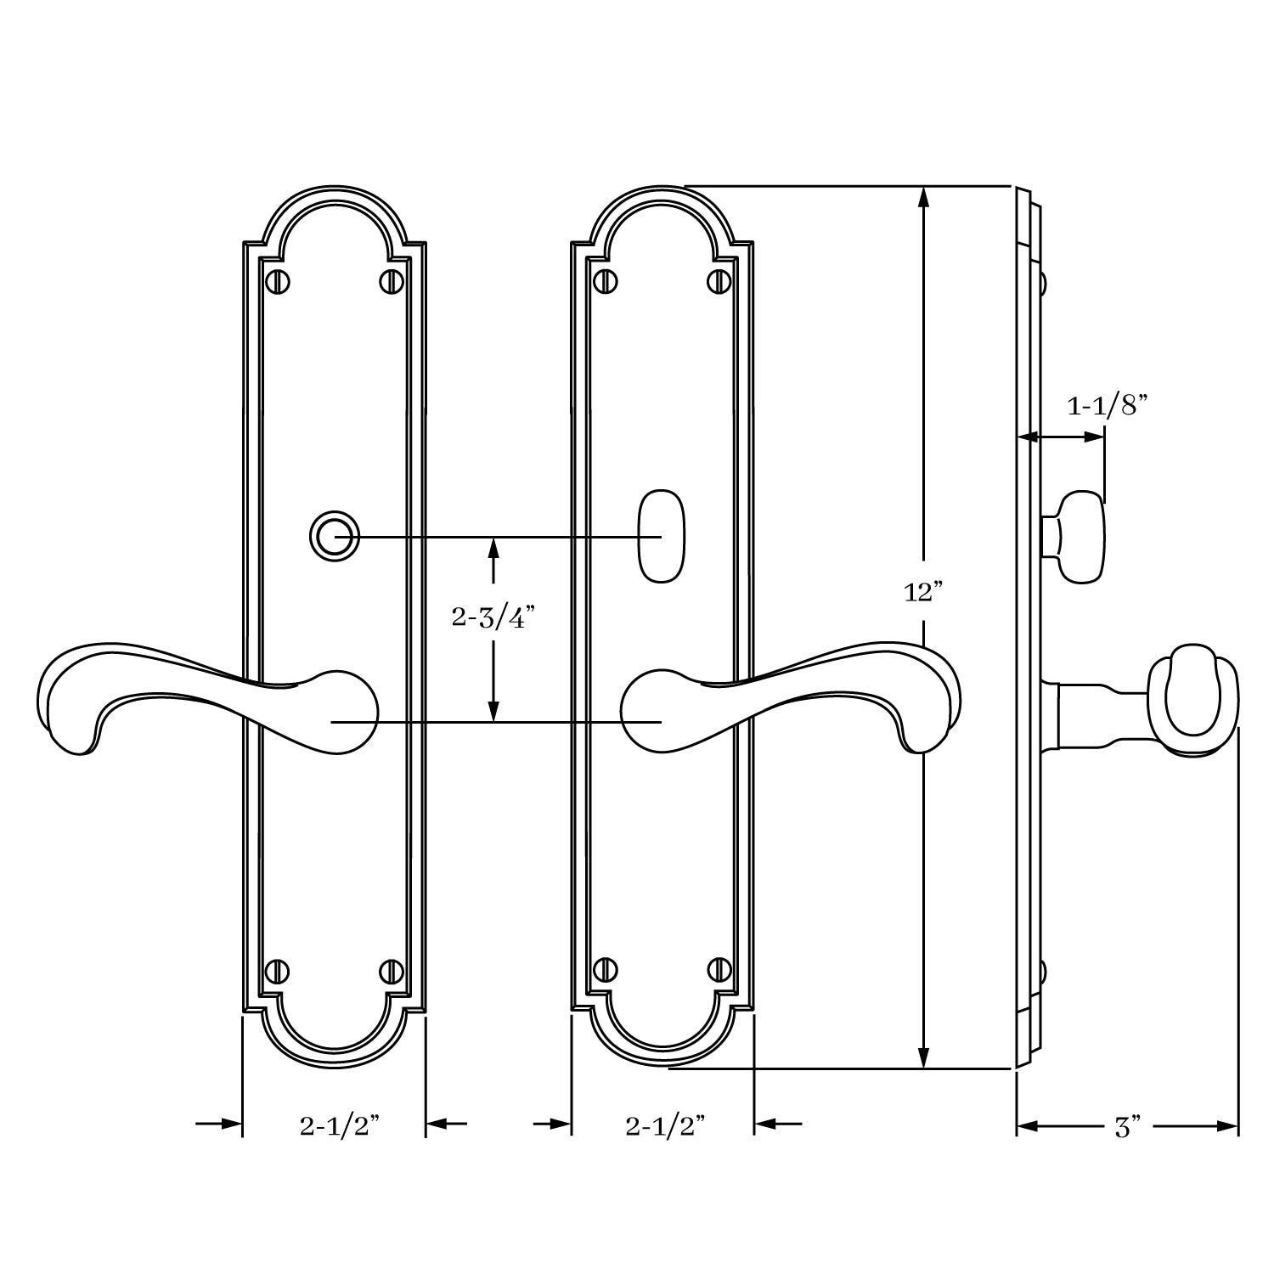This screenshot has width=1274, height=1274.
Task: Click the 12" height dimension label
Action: pos(923,592)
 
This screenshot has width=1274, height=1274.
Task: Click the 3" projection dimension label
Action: pos(1126,1127)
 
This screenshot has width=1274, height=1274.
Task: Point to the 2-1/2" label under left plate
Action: pos(338,1126)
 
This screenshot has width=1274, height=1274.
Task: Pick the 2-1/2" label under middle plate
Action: pos(665,1126)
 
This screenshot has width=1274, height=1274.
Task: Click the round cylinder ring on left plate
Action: pos(334,537)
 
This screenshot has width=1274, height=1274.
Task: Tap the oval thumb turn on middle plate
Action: pos(662,536)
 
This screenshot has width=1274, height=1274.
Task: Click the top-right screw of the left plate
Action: pos(392,281)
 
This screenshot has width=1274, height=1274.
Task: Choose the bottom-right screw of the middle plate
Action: pos(719,969)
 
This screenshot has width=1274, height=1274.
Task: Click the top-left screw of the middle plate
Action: pos(605,279)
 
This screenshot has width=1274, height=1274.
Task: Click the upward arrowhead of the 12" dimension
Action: pos(923,197)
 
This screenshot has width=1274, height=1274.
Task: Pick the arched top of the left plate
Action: pos(334,194)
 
